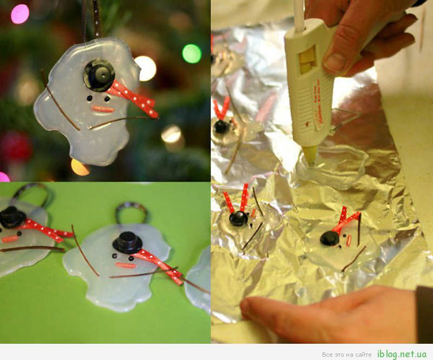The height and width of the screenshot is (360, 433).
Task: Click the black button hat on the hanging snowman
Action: pos(99,75)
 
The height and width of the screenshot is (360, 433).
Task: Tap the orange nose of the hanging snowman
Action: pos(103,109)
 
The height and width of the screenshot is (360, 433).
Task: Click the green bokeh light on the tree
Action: pos(192,54)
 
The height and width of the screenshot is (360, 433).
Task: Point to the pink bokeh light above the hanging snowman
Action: pos(20,14)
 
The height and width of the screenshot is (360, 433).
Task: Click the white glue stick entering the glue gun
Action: pos(299,14)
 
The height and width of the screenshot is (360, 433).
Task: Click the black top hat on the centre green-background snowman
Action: pos(127,243)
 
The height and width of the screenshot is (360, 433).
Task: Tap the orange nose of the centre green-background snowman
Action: pos(126,265)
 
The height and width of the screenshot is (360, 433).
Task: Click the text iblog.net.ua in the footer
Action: pos(402,354)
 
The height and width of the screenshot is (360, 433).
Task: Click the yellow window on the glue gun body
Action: pos(307,60)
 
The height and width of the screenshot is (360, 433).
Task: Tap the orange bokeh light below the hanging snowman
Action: pos(80,167)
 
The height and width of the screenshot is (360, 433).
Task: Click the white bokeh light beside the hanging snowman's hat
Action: pos(146,68)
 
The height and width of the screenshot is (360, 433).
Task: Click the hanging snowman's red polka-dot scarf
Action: pos(133,98)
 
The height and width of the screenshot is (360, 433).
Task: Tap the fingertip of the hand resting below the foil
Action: pos(249,307)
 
